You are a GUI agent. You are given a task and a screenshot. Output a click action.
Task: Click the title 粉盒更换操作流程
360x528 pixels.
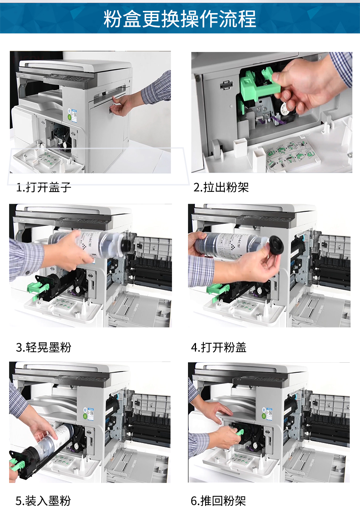180,19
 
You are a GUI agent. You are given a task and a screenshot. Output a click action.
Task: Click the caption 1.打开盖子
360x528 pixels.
44,188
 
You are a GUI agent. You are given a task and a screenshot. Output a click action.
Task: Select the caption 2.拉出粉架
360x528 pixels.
221,188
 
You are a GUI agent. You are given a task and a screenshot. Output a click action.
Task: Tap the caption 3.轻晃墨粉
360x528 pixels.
44,347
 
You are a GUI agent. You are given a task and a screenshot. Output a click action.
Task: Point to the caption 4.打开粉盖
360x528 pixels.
219,347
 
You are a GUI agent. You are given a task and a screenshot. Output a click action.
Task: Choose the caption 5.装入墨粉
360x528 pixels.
43,501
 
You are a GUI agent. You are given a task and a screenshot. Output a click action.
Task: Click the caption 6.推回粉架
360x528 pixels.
219,501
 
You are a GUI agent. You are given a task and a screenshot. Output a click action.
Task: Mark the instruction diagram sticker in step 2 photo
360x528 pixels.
291,154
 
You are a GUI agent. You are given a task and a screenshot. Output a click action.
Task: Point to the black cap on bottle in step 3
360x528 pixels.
126,245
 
